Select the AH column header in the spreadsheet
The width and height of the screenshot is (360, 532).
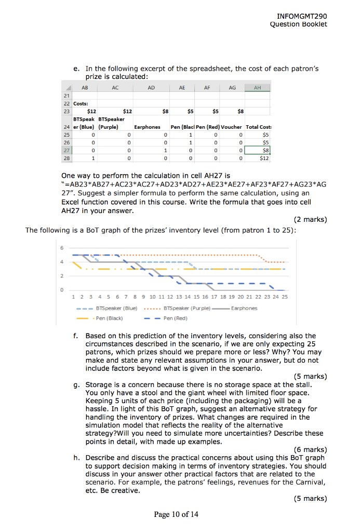coord(258,88)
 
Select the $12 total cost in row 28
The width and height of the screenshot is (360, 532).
coord(264,158)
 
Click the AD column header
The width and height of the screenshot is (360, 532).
coord(151,88)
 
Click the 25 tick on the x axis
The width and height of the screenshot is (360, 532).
coord(284,297)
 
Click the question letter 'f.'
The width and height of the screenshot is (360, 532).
coord(76,336)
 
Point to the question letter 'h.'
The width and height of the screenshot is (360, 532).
coord(76,458)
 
